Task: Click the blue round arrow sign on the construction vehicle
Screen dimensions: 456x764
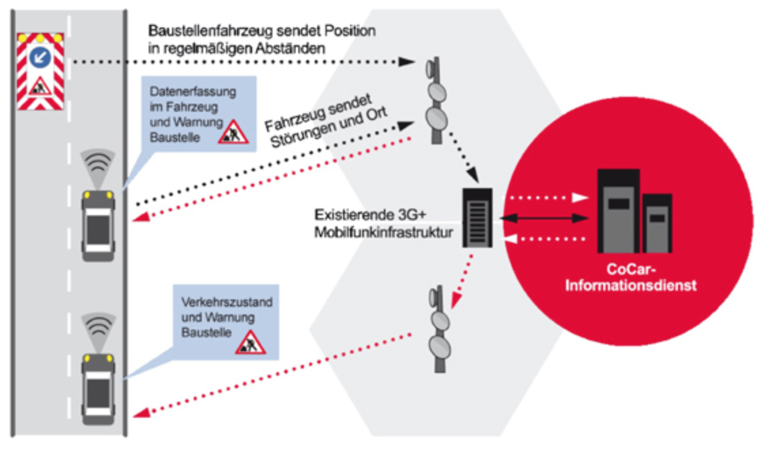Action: (40, 57)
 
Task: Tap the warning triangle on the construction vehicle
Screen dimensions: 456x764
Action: (40, 88)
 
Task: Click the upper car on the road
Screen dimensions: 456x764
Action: (98, 225)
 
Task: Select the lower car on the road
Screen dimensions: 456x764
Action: (98, 389)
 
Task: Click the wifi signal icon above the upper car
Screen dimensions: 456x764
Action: (98, 163)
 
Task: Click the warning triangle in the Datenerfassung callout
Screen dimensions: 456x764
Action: (233, 133)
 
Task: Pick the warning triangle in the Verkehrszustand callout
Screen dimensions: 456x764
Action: (250, 343)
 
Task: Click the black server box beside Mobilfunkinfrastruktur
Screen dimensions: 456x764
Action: (477, 218)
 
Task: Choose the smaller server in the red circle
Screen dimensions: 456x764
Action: (657, 223)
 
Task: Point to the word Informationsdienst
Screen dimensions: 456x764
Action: (631, 285)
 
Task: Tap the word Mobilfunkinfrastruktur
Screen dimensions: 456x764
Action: (383, 233)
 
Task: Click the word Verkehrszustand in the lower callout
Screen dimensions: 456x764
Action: (227, 302)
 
